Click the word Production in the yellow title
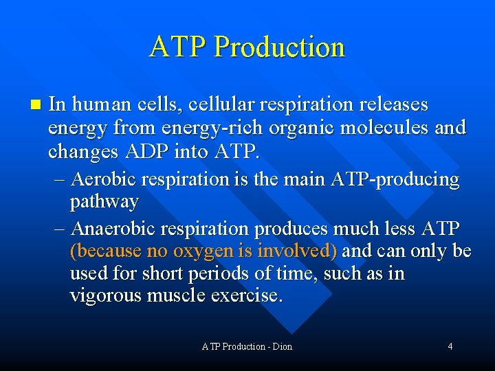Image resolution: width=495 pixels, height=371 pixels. (x=279, y=47)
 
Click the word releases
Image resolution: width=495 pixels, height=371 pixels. (x=391, y=104)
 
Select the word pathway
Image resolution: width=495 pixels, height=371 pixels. (x=104, y=202)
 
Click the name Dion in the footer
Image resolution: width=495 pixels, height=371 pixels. (x=281, y=346)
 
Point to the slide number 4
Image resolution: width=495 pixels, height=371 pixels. (x=450, y=346)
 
